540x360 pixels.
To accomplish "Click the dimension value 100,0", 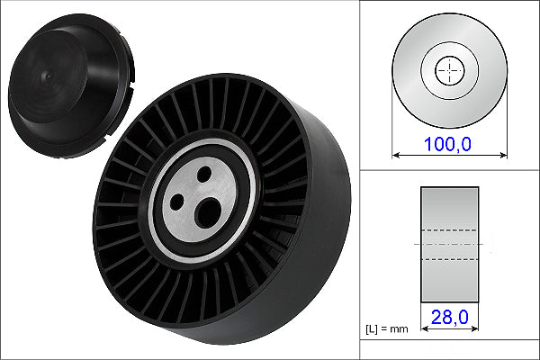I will point(449,141).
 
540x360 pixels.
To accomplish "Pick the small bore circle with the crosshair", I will point(449,70).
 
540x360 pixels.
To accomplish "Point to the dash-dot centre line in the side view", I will point(449,244).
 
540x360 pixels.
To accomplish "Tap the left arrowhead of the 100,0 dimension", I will point(396,155).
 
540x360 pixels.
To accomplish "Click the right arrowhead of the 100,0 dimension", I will point(502,155).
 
